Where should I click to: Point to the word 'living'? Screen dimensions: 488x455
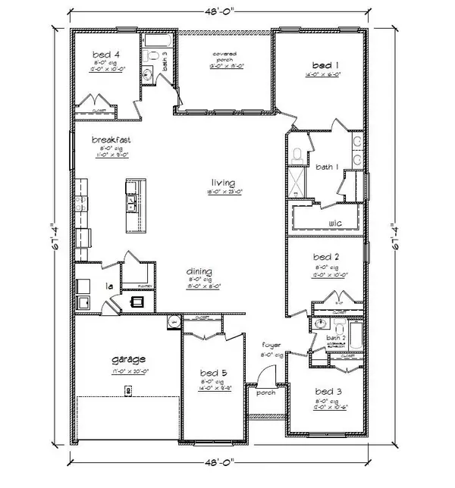tap(224, 183)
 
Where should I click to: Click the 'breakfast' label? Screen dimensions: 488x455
tap(108, 139)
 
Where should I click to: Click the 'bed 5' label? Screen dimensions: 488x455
tap(212, 373)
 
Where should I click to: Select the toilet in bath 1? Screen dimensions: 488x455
tap(298, 154)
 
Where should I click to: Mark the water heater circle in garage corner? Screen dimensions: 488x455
tap(174, 322)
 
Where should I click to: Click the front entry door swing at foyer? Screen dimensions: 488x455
tap(265, 377)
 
